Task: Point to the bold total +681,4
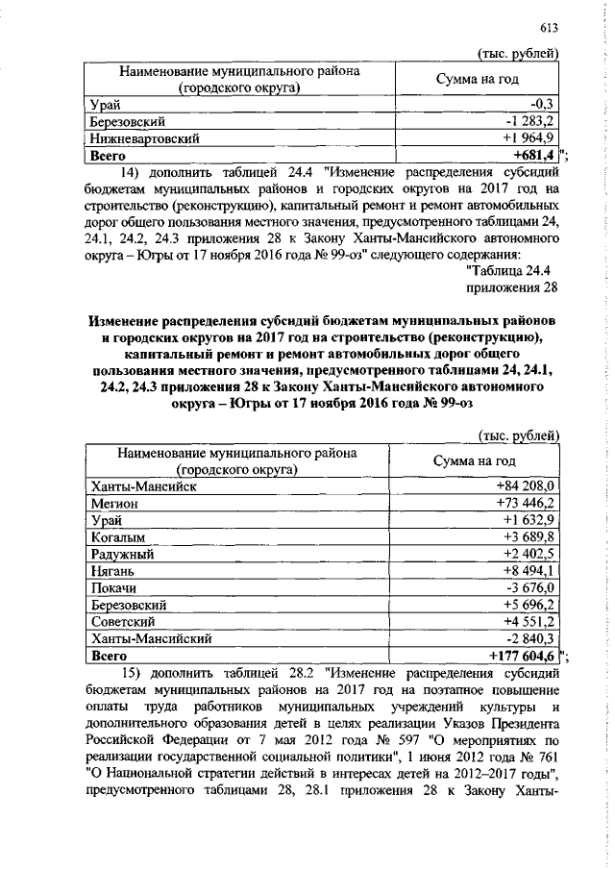tap(535, 154)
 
